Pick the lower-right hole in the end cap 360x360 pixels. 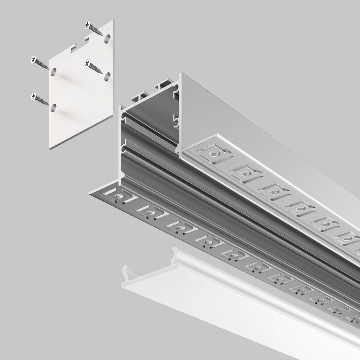(107, 76)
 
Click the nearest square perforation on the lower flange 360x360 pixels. (118, 197)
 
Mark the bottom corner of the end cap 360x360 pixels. (49, 149)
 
